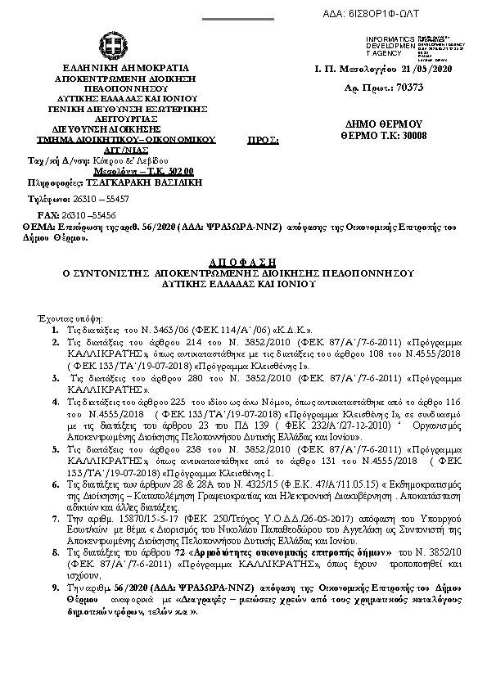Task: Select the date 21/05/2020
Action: tap(422, 70)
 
